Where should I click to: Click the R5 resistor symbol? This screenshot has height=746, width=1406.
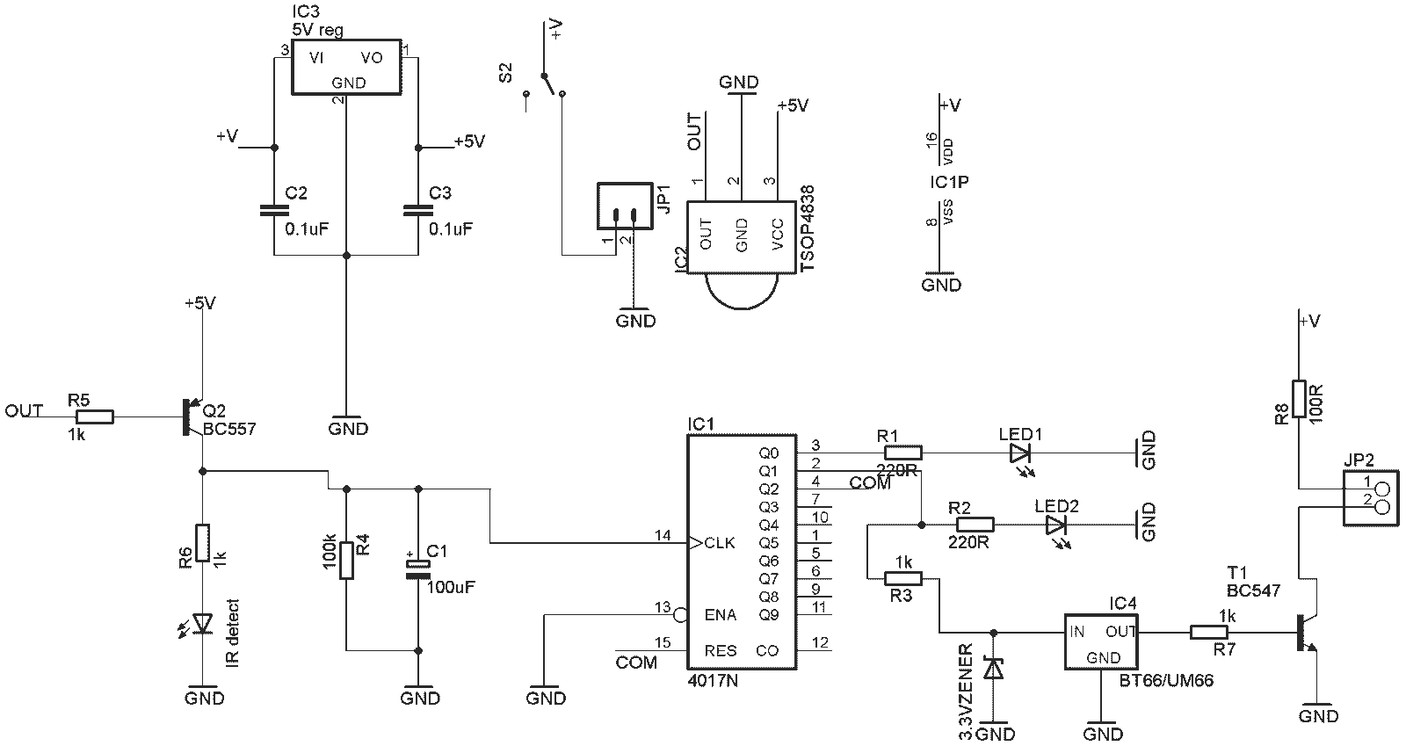click(95, 416)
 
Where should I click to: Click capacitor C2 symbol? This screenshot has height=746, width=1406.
click(273, 209)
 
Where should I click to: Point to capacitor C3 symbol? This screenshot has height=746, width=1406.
click(418, 209)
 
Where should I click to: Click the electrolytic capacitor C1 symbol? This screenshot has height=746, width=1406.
click(418, 569)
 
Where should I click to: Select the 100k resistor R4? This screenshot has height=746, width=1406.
click(346, 561)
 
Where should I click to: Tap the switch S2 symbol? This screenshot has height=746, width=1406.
click(544, 84)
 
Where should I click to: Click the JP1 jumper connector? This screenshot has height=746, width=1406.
click(625, 206)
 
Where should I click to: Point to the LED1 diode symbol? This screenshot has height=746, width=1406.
click(1020, 455)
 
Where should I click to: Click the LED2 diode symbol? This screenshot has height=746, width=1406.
click(1055, 527)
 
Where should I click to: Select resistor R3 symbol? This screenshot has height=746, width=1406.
click(902, 578)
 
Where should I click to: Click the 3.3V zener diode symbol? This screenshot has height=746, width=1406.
click(993, 669)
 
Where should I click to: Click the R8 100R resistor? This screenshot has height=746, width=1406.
click(1299, 400)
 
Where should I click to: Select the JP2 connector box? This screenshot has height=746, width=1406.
click(1372, 497)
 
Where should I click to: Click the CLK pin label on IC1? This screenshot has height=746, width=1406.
click(720, 543)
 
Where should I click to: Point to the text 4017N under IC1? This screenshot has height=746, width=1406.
click(713, 680)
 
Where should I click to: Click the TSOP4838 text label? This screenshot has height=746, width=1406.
click(808, 228)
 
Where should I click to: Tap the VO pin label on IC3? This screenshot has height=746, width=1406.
click(372, 58)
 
